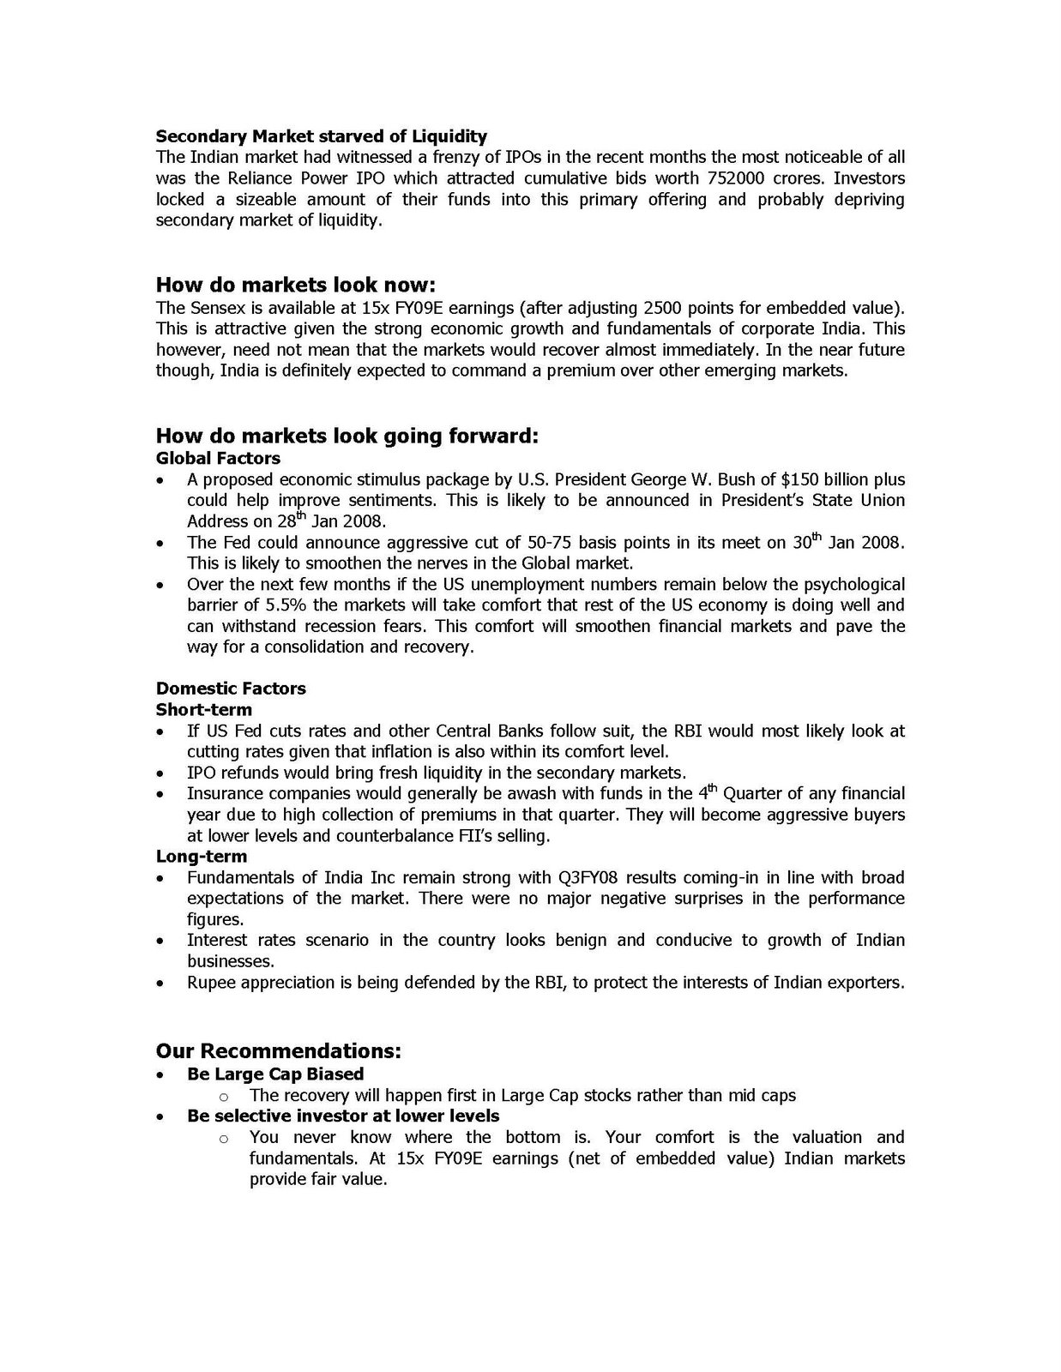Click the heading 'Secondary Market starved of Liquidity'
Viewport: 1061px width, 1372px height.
(x=321, y=136)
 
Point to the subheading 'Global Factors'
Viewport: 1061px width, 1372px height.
(x=218, y=458)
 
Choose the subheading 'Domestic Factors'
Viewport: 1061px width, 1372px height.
(x=231, y=689)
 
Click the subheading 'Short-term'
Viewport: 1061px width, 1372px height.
(x=204, y=710)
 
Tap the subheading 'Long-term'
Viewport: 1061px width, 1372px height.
(x=202, y=857)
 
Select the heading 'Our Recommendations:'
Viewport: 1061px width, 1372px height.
(x=279, y=1051)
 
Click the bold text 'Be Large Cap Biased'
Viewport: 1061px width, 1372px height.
(x=275, y=1074)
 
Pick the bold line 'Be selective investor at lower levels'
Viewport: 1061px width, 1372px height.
(x=343, y=1116)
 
